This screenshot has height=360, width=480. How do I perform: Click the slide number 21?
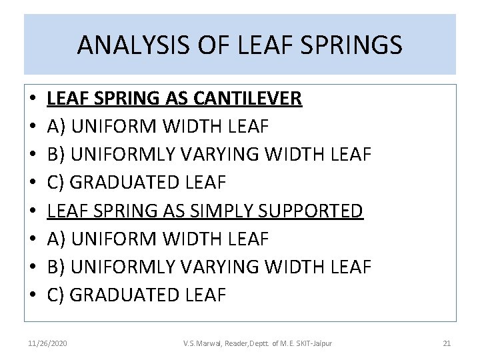[x=447, y=343]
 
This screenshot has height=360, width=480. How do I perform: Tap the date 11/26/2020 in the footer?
[x=47, y=343]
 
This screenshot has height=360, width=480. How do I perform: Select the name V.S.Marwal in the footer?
[x=204, y=343]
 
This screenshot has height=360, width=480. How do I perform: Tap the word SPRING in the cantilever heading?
[x=123, y=99]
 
